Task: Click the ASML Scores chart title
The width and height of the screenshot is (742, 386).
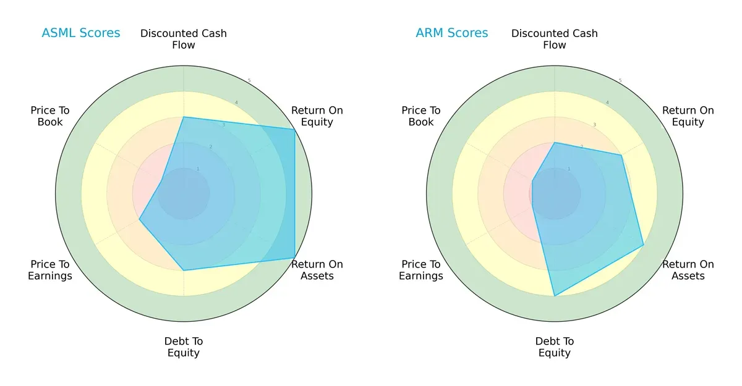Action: (81, 33)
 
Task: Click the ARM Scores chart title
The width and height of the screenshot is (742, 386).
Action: (452, 33)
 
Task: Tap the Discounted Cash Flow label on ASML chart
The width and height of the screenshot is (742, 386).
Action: (184, 39)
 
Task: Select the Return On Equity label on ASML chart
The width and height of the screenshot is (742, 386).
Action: (317, 116)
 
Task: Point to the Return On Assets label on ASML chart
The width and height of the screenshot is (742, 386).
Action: (317, 270)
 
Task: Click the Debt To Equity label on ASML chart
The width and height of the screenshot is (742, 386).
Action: (184, 347)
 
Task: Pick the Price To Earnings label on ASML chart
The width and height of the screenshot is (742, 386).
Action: (50, 270)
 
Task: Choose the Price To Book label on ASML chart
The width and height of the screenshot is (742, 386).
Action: (50, 116)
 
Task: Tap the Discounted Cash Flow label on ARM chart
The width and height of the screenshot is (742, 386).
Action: (555, 39)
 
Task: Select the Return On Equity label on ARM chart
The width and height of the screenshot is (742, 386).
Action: (688, 116)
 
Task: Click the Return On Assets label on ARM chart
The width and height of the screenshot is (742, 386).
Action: (688, 270)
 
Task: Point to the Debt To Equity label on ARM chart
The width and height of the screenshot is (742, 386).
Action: (555, 347)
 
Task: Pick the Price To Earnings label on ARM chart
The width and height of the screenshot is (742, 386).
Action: (421, 270)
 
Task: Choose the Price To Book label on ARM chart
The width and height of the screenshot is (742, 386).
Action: (421, 116)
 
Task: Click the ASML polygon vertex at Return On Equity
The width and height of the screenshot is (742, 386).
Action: (294, 129)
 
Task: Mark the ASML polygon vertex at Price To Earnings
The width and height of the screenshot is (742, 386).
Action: (139, 219)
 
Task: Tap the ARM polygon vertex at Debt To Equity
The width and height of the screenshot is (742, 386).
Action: (555, 296)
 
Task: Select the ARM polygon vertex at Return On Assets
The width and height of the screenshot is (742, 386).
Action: (643, 245)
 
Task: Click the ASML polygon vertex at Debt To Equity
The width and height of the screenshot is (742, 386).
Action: (184, 270)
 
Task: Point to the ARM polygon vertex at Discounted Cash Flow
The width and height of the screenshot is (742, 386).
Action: (555, 143)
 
